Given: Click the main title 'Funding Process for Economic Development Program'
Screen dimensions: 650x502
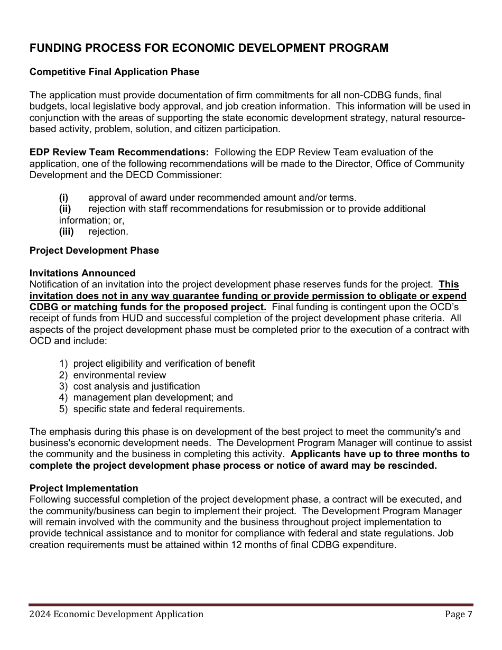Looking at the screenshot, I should click(x=209, y=48).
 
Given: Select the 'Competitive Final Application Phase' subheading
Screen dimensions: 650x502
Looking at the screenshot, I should click(x=115, y=72).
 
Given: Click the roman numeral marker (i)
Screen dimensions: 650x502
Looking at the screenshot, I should click(x=64, y=198).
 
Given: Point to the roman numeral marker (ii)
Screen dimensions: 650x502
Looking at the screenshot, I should click(x=65, y=209).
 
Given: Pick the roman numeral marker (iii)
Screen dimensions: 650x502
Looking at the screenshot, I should click(x=66, y=231).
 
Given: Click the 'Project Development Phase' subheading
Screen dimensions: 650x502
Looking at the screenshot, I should click(x=94, y=250).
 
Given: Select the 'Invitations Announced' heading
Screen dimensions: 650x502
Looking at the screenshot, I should click(x=82, y=273).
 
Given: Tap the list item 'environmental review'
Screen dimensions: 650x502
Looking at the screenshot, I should click(x=119, y=375).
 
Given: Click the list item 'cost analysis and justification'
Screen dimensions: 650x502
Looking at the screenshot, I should click(x=136, y=386).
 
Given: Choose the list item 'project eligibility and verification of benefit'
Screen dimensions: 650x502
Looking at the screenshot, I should click(x=164, y=364).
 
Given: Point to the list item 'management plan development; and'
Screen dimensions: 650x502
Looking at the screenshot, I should click(x=153, y=397).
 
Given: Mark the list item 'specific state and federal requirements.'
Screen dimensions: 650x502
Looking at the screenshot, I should click(x=159, y=409).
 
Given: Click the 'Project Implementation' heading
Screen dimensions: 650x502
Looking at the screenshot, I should click(x=83, y=488).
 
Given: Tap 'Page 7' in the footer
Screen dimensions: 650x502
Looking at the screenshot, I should click(x=459, y=614).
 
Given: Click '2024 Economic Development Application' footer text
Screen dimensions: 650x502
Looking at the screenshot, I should click(x=116, y=614).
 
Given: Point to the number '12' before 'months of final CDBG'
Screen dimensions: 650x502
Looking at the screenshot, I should click(x=236, y=545).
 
